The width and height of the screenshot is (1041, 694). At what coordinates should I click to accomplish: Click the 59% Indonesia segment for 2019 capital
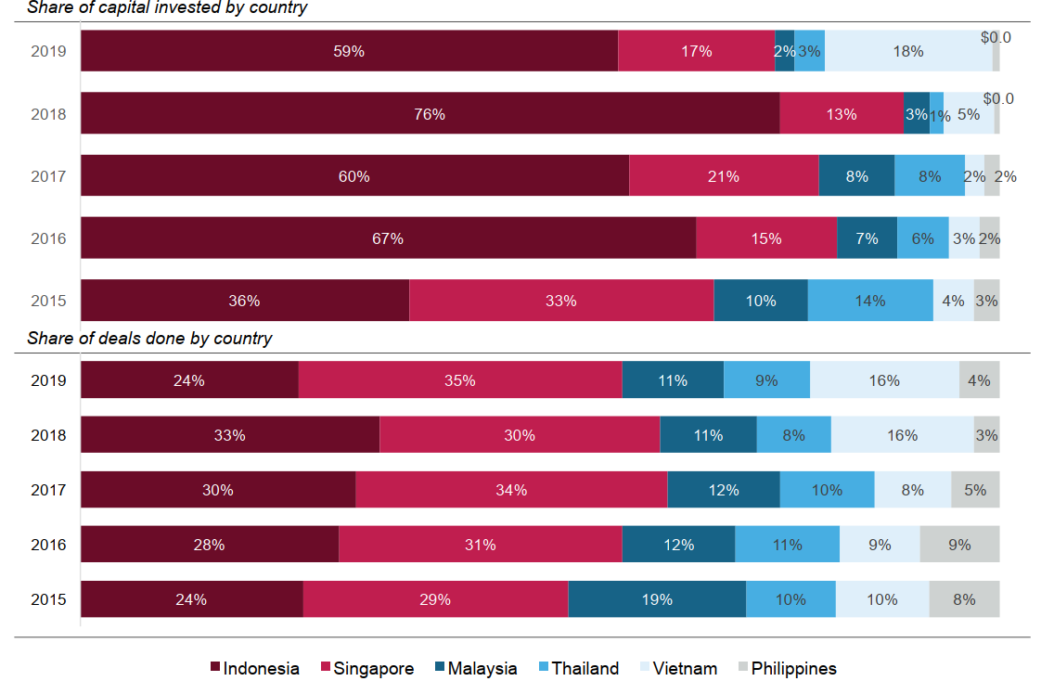coord(349,50)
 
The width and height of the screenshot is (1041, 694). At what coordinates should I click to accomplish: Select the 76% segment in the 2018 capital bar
coord(431,113)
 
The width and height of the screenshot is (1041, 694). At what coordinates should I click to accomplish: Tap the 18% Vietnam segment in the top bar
coord(908,50)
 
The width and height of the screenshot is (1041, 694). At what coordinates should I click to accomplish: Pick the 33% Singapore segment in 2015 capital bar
coord(561,301)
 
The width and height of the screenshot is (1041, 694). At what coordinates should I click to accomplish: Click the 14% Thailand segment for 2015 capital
coord(870,301)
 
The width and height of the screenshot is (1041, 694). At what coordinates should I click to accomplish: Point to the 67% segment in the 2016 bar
coord(389,238)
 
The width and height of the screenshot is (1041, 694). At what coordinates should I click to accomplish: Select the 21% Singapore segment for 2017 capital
coord(724,175)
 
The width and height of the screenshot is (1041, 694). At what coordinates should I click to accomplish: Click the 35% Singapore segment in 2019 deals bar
coord(460,379)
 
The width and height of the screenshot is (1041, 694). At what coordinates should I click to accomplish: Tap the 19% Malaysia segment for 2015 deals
coord(657,599)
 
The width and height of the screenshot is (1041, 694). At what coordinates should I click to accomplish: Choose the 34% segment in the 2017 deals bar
coord(511,490)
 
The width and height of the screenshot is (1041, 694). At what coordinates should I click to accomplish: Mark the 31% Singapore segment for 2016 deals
coord(481,544)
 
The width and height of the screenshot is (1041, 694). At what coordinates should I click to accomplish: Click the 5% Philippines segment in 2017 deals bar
coord(975,490)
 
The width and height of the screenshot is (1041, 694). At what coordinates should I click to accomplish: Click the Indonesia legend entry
coord(255,668)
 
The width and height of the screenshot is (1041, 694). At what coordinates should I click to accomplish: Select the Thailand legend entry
coord(579,668)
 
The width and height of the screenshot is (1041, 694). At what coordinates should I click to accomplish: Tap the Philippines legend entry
coord(788,668)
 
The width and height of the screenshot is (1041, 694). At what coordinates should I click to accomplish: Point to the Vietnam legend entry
coord(678,668)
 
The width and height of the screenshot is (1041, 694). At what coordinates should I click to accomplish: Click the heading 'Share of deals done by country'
coord(149,338)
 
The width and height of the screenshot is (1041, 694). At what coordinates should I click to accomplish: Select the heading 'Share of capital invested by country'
coord(167,8)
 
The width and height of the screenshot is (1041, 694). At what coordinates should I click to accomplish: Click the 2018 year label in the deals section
coord(48,435)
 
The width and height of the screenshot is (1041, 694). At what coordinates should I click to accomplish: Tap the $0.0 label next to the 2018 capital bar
coord(998,98)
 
